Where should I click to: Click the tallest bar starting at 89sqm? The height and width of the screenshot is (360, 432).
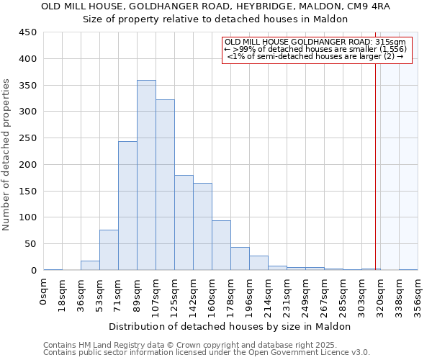[x=146, y=175]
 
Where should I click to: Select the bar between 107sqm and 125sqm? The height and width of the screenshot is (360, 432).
[x=165, y=185]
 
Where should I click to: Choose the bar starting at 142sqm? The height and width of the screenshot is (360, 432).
[x=202, y=227]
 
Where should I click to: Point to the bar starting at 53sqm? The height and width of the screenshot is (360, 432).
[x=109, y=250]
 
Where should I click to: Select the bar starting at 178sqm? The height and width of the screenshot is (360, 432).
[x=240, y=258]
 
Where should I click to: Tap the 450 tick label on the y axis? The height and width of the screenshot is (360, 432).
[x=28, y=32]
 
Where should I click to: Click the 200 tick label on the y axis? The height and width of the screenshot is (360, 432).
[x=28, y=165]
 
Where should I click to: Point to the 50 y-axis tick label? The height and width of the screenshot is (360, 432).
[x=31, y=244]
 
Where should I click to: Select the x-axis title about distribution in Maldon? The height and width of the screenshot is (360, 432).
[x=230, y=326]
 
